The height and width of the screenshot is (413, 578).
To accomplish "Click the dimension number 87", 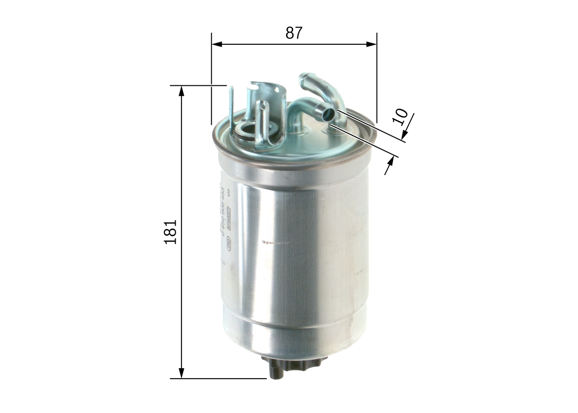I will [293, 33].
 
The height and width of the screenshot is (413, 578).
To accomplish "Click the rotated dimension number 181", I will [171, 232].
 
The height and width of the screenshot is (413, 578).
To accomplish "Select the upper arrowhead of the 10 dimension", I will [404, 134].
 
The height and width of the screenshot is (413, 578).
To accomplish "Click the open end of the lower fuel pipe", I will [329, 115].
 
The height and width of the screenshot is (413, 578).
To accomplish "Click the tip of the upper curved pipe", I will [303, 77].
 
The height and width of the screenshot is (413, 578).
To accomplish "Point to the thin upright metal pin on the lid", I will [231, 108].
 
